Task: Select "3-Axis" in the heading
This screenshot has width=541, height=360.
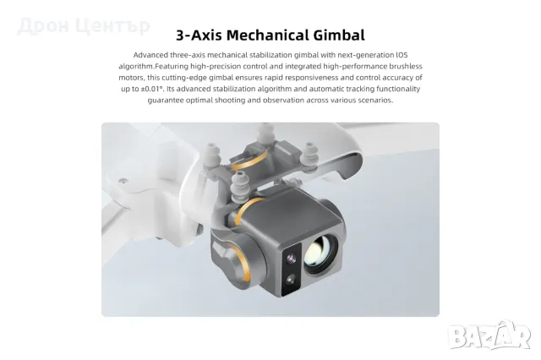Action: (x=199, y=35)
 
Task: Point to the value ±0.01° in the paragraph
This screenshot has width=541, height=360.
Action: (x=152, y=89)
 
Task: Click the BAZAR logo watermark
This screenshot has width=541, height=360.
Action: (x=489, y=335)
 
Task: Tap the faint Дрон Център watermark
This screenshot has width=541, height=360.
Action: (x=84, y=26)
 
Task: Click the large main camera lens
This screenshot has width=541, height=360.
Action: (x=321, y=254)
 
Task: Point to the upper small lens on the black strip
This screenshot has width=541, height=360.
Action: (x=292, y=259)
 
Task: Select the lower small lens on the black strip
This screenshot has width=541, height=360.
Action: (x=291, y=280)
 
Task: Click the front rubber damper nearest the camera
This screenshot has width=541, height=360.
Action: (x=238, y=188)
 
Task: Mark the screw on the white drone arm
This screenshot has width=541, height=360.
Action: (x=123, y=181)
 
